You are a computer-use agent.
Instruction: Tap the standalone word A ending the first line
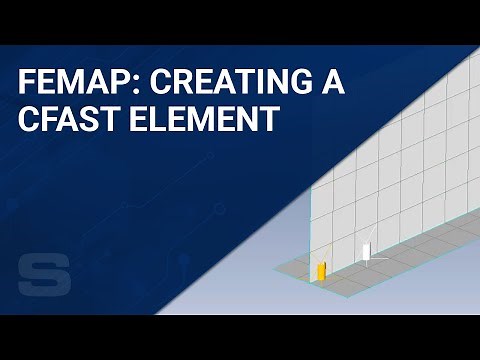(x=334, y=84)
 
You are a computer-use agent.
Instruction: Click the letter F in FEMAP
(x=24, y=84)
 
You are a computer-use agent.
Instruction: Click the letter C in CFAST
(x=26, y=120)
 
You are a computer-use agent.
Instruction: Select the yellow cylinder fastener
(x=321, y=270)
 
